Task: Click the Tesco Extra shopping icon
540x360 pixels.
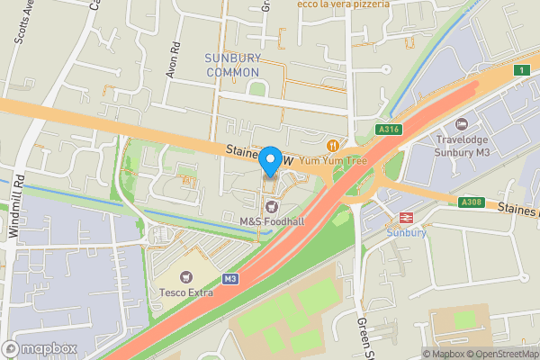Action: [188, 276]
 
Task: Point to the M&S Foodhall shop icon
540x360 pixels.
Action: [268, 207]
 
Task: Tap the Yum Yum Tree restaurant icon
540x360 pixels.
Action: [334, 145]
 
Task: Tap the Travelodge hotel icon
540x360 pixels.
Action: [463, 124]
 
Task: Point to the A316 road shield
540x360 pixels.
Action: [389, 130]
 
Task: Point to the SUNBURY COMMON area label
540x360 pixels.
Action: [233, 65]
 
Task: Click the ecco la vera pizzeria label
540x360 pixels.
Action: [345, 4]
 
